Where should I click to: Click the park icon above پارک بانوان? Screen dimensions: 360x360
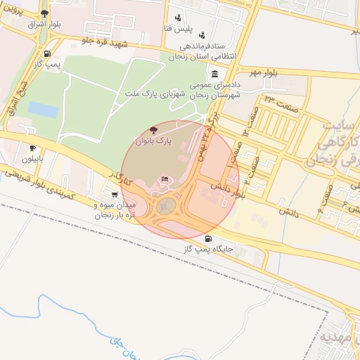pyautogui.click(x=154, y=130)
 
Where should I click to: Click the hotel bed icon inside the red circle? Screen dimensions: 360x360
pyautogui.click(x=165, y=180)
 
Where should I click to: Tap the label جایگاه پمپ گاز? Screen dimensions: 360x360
pyautogui.click(x=209, y=250)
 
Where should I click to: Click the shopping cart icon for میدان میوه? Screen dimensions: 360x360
pyautogui.click(x=115, y=194)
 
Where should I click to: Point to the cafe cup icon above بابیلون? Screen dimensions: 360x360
pyautogui.click(x=32, y=148)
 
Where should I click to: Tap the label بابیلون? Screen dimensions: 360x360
pyautogui.click(x=32, y=159)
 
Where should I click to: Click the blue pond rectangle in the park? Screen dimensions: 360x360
pyautogui.click(x=43, y=110)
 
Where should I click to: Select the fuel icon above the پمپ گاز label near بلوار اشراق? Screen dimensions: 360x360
pyautogui.click(x=47, y=54)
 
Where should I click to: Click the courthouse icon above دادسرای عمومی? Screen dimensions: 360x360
pyautogui.click(x=214, y=75)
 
